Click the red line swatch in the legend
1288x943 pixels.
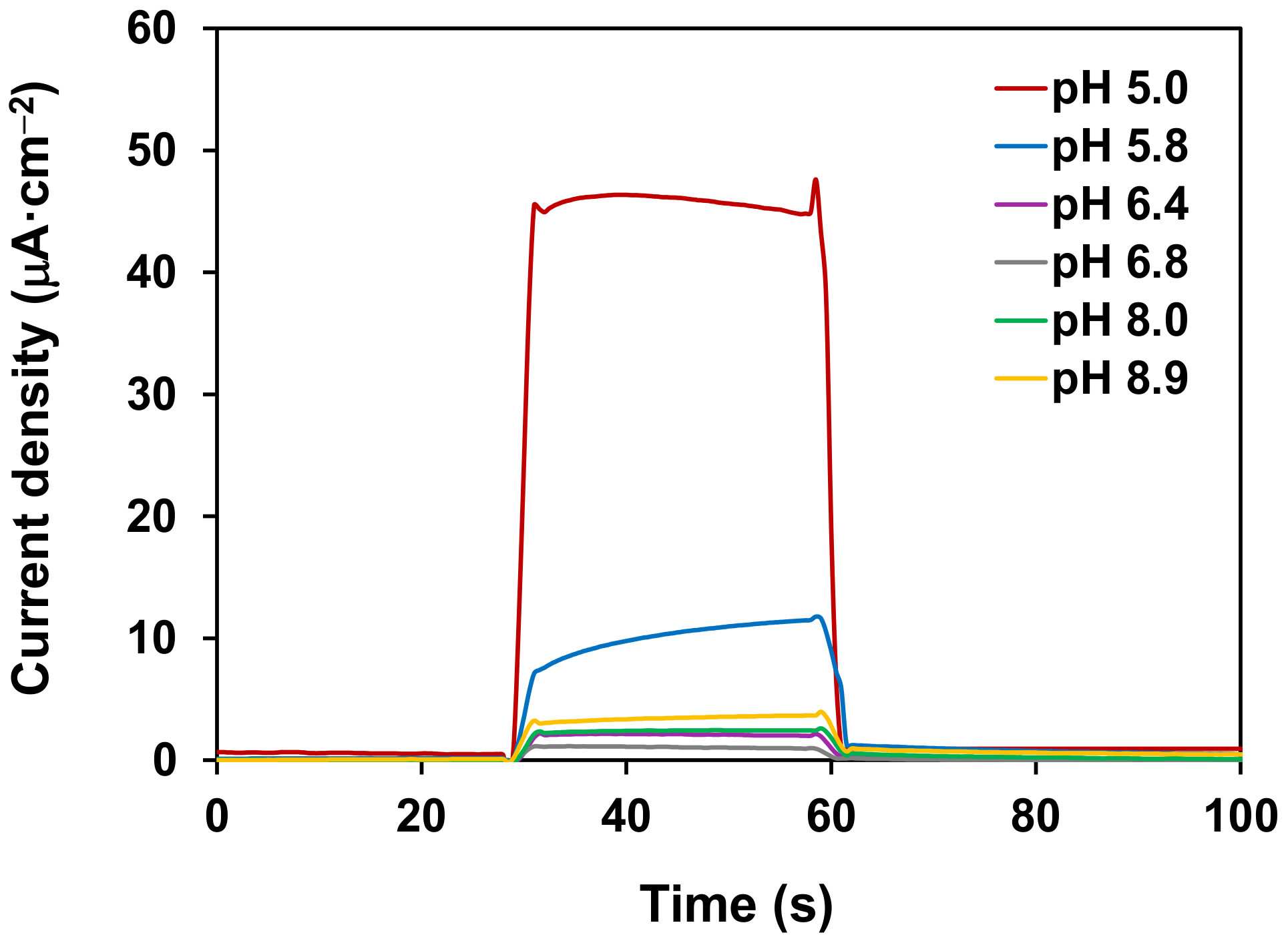coord(1020,88)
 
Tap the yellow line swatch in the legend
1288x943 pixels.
coord(1020,378)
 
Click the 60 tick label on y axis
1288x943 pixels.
coord(151,29)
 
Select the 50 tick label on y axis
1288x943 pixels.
coord(151,151)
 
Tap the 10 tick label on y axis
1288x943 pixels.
coord(151,639)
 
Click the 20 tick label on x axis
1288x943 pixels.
coord(421,816)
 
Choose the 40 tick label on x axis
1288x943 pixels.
coord(626,816)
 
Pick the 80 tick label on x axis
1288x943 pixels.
coord(1035,816)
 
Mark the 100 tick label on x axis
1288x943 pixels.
coord(1240,816)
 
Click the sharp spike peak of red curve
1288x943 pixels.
coord(815,180)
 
